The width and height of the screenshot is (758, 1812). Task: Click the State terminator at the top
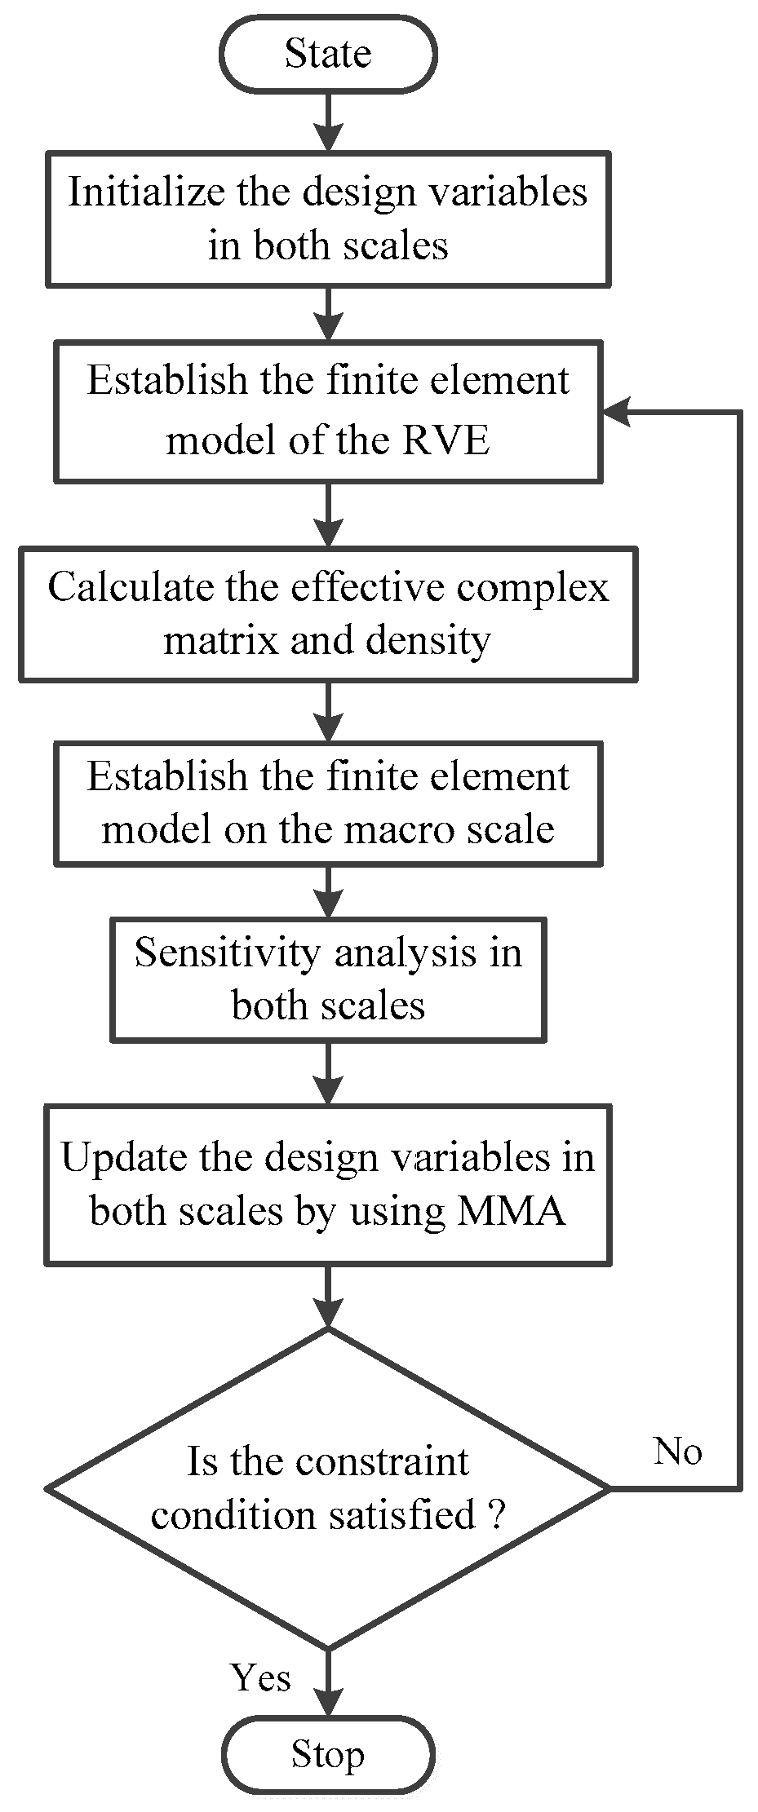tap(328, 55)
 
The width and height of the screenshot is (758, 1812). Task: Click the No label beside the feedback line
tap(677, 1451)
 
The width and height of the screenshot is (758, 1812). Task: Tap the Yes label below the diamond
tap(261, 1677)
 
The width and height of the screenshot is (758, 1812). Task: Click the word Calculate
tap(131, 587)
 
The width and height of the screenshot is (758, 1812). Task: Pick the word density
tap(428, 640)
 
